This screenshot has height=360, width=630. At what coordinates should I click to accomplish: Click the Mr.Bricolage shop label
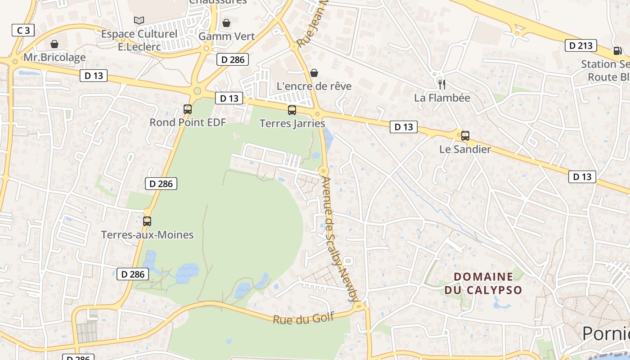[x=54, y=58]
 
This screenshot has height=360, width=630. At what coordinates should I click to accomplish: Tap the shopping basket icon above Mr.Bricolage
[x=54, y=44]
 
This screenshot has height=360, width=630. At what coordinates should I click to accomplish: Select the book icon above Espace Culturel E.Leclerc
[x=139, y=20]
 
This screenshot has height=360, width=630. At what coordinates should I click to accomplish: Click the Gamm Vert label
[x=226, y=36]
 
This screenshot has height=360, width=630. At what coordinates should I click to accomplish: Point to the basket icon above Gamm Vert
[x=226, y=22]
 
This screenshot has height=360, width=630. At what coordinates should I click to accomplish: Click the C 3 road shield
[x=23, y=31]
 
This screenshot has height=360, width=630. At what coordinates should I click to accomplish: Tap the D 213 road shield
[x=581, y=45]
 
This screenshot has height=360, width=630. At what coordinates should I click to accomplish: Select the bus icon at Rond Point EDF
[x=188, y=109]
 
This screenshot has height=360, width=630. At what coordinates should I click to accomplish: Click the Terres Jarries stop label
[x=292, y=123]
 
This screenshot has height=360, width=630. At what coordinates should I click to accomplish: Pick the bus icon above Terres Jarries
[x=292, y=110]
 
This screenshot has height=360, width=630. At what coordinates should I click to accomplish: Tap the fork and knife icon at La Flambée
[x=442, y=84]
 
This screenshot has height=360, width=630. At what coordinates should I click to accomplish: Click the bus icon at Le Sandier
[x=465, y=135]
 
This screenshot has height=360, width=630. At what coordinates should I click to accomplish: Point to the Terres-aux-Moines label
[x=147, y=235]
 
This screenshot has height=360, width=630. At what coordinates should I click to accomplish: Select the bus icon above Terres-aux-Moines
[x=147, y=221]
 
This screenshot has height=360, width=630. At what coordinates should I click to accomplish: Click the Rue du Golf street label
[x=303, y=318]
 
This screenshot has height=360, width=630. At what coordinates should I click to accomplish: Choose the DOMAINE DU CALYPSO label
[x=483, y=283]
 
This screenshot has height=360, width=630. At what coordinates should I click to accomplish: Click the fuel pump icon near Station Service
[x=616, y=51]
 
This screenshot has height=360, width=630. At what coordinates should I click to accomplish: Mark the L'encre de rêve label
[x=314, y=86]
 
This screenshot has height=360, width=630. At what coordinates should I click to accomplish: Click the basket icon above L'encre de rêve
[x=314, y=72]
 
